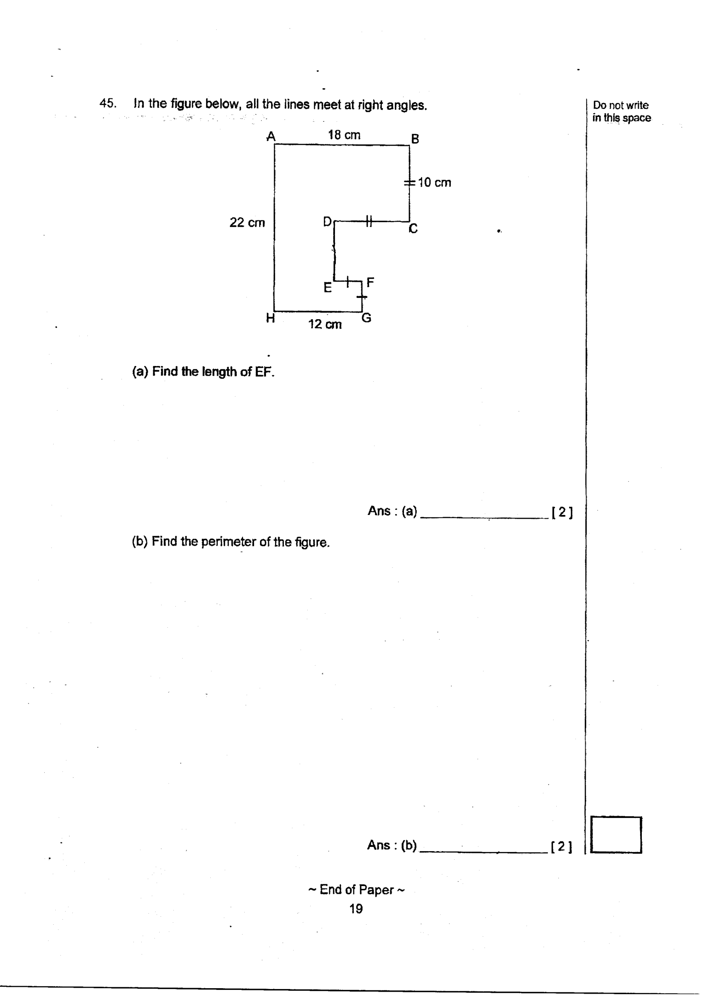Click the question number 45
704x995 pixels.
pyautogui.click(x=108, y=103)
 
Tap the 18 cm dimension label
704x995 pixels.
pyautogui.click(x=344, y=135)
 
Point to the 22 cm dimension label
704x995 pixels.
pyautogui.click(x=247, y=222)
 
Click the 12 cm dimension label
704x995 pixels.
pyautogui.click(x=325, y=324)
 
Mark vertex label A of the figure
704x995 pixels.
pyautogui.click(x=271, y=137)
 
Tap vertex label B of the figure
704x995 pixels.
pyautogui.click(x=415, y=139)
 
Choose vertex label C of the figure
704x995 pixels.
pyautogui.click(x=413, y=229)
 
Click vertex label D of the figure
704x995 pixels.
pyautogui.click(x=327, y=222)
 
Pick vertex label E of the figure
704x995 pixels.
pyautogui.click(x=328, y=287)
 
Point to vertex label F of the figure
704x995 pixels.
pyautogui.click(x=370, y=283)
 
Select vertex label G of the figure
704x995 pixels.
pyautogui.click(x=366, y=317)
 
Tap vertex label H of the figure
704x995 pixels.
pyautogui.click(x=271, y=318)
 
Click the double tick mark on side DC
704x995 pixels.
pyautogui.click(x=369, y=221)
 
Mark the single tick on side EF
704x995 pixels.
pyautogui.click(x=348, y=281)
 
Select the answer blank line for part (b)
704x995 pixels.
pyautogui.click(x=484, y=852)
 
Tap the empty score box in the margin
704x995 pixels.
pyautogui.click(x=616, y=835)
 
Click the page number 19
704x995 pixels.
pyautogui.click(x=356, y=909)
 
